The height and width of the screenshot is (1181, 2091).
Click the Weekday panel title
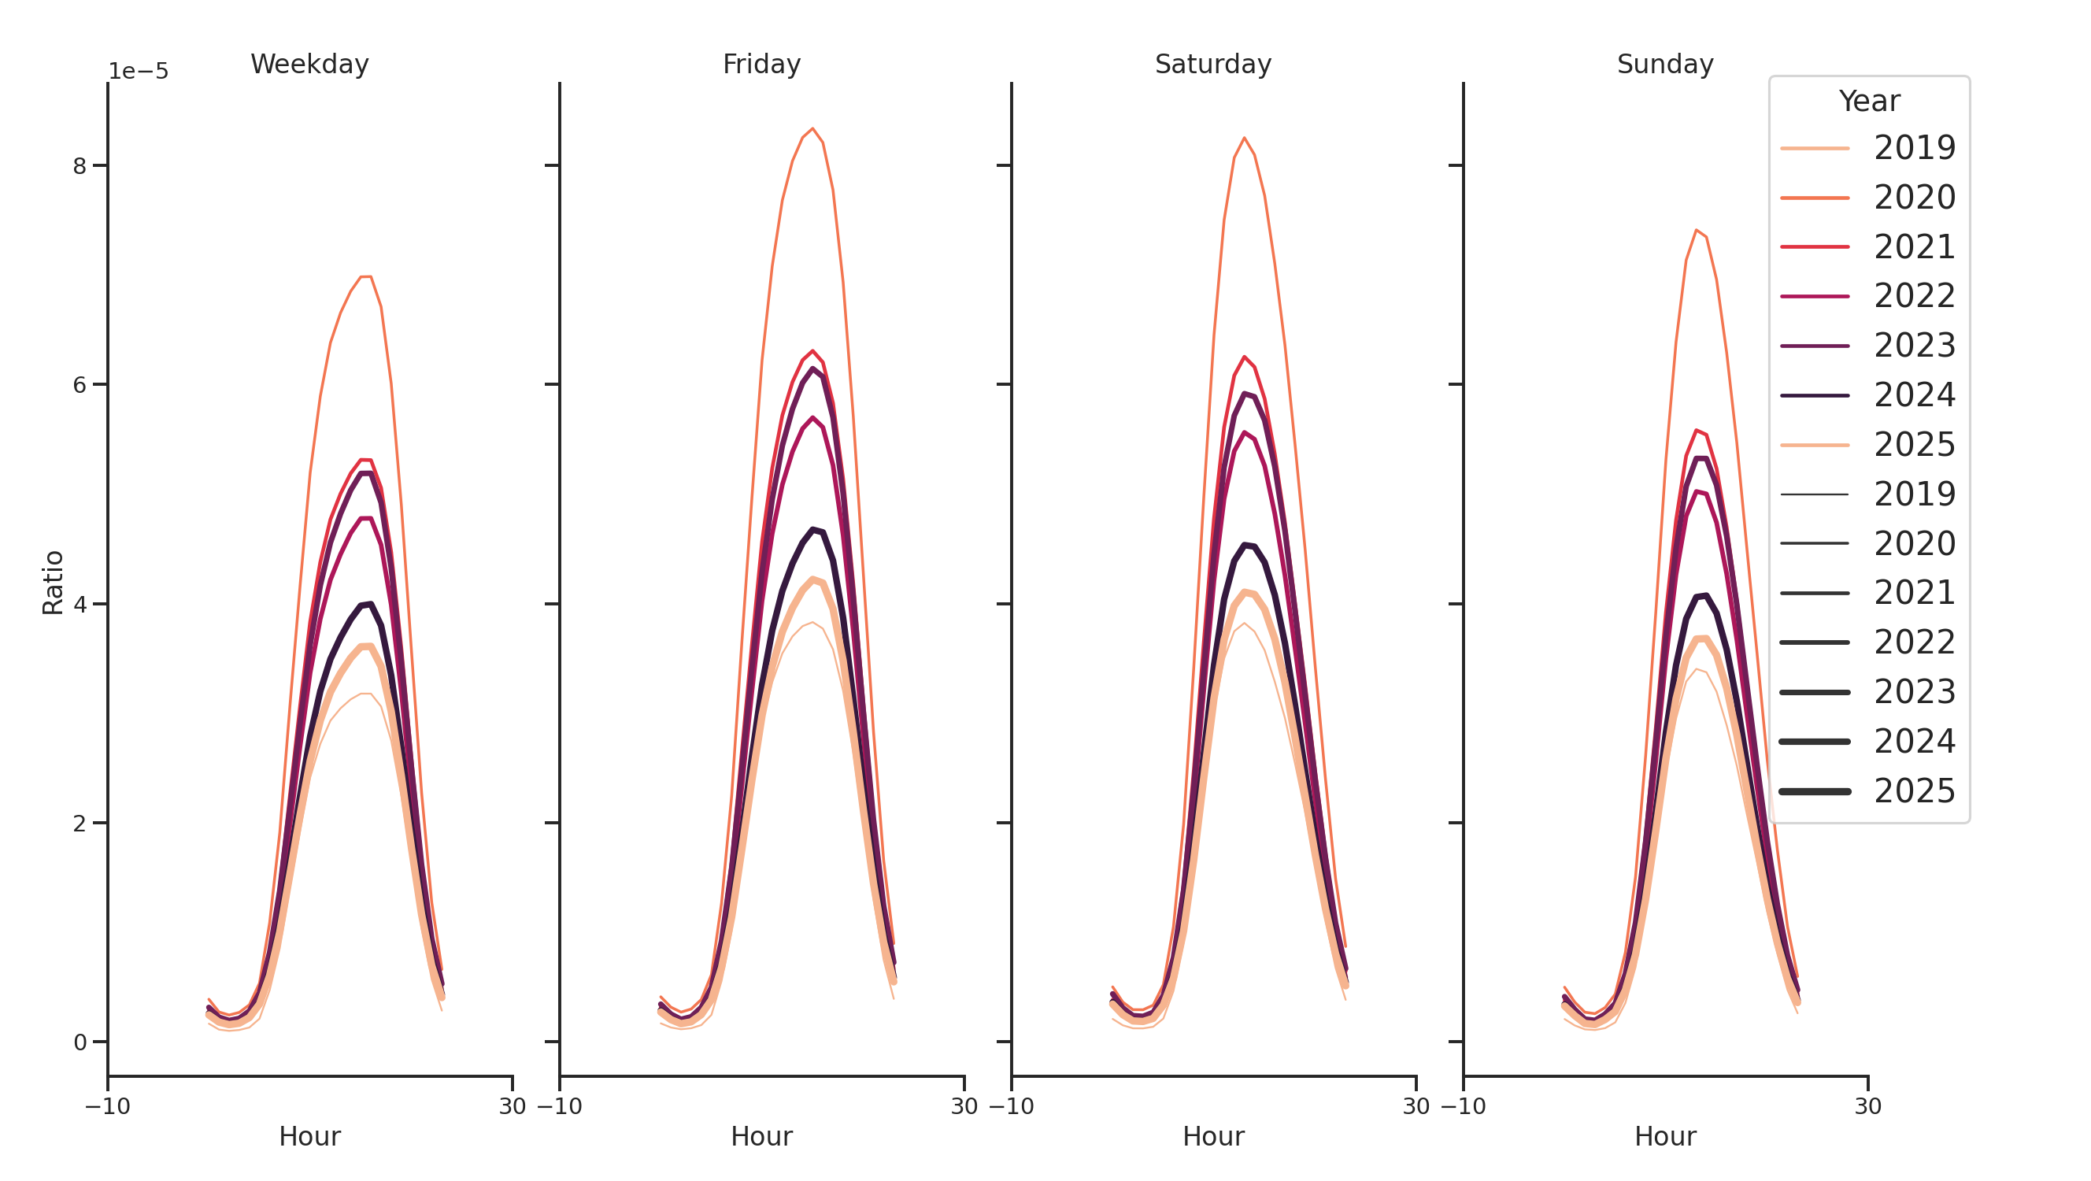pos(309,64)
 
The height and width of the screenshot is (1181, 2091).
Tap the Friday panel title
pos(761,64)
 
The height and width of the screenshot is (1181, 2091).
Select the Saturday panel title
pos(1212,64)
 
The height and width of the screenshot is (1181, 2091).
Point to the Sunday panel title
pos(1665,64)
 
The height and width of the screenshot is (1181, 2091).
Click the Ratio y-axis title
pos(53,582)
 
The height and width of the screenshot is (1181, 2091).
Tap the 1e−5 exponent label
pos(138,72)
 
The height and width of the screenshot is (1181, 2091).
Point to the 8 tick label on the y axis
pos(80,166)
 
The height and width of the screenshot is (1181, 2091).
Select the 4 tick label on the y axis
pos(80,605)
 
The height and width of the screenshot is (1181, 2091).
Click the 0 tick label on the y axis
pos(80,1042)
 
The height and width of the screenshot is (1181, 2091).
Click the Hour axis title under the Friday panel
pos(761,1136)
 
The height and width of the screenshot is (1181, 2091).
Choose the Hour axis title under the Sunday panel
pos(1665,1136)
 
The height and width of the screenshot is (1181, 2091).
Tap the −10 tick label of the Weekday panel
pos(107,1106)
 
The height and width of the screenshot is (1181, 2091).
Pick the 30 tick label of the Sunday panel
pos(1867,1106)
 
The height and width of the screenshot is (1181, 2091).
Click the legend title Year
pos(1868,102)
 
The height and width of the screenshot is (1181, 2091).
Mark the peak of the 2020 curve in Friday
pos(812,128)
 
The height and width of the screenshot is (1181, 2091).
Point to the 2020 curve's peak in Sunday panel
pos(1697,231)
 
